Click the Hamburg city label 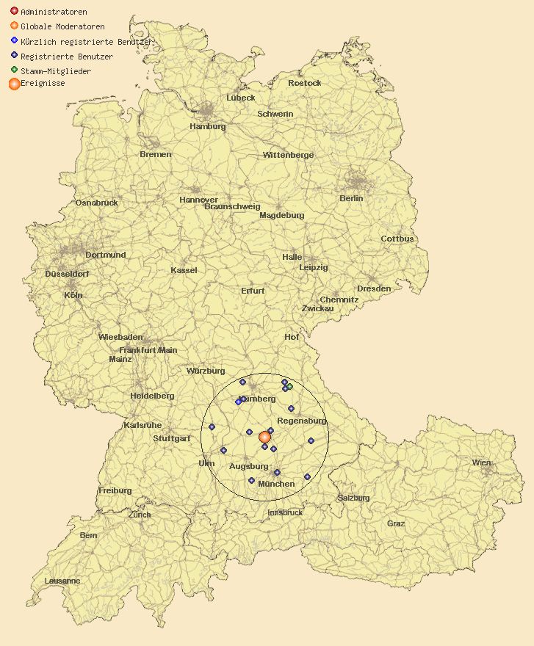[x=207, y=126]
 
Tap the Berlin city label [x=351, y=198]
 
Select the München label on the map [x=276, y=484]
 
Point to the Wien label [x=481, y=462]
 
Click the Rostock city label [x=304, y=83]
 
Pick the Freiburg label [x=115, y=490]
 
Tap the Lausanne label [x=62, y=581]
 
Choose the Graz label [x=396, y=523]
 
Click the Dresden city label [x=374, y=288]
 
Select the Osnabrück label [x=96, y=203]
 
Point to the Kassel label [x=184, y=270]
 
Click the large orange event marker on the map [x=265, y=437]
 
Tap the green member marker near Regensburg [x=289, y=386]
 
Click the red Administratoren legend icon [x=14, y=12]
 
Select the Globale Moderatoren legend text [x=62, y=26]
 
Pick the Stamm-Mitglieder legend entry [x=56, y=71]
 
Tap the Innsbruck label [x=285, y=512]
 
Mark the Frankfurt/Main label [x=148, y=350]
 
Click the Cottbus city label [x=397, y=239]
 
